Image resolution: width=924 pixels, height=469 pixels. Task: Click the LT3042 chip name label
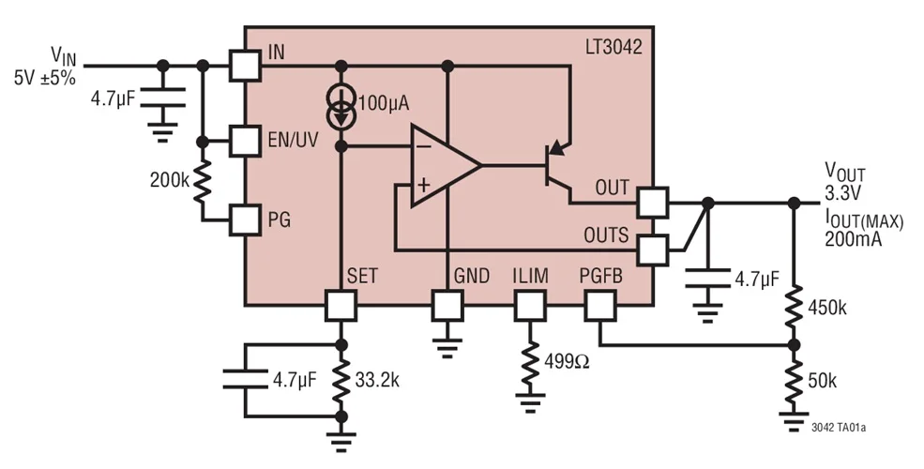[x=612, y=48]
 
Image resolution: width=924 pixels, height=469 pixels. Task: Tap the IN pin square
[x=245, y=65]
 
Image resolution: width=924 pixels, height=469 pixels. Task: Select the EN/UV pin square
[x=245, y=142]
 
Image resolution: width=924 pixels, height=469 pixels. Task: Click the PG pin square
[x=245, y=220]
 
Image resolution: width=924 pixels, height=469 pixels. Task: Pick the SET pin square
[x=341, y=305]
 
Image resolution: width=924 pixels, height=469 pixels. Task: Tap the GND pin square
[x=447, y=305]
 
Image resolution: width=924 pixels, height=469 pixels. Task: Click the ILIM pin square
[x=530, y=305]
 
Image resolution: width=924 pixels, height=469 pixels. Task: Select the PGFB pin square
[x=599, y=305]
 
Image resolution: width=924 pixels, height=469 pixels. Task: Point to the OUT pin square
[x=652, y=201]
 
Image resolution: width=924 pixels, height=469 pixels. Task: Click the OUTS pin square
[x=652, y=250]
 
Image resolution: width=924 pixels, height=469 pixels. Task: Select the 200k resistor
[x=204, y=181]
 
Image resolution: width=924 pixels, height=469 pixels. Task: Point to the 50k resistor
[x=795, y=379]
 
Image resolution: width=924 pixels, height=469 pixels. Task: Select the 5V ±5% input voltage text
[x=44, y=79]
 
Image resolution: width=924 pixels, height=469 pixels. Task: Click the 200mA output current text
[x=850, y=239]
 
